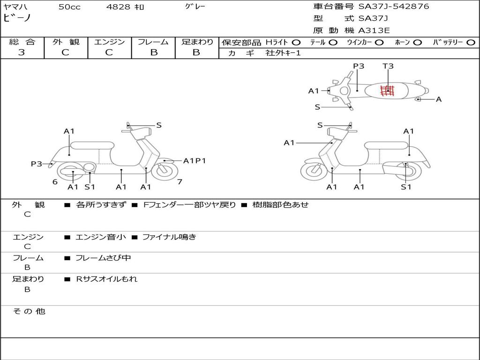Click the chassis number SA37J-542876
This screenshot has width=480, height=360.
(394, 7)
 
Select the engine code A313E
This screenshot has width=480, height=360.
(374, 31)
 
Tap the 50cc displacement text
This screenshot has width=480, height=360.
(68, 7)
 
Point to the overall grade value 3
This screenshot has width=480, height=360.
(22, 52)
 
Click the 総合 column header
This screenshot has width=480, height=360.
(22, 42)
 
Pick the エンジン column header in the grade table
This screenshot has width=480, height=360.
(110, 42)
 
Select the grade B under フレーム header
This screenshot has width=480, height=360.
(154, 52)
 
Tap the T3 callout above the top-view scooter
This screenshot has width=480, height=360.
(388, 66)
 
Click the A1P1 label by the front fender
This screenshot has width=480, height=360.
(195, 161)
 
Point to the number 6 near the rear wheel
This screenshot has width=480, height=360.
(55, 182)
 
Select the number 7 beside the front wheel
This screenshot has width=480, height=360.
(180, 181)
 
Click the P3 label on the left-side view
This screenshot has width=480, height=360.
(37, 164)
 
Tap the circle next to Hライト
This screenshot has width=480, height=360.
(296, 42)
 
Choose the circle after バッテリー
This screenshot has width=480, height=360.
(471, 42)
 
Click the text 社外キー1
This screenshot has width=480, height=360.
(283, 53)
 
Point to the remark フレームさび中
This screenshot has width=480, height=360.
(103, 258)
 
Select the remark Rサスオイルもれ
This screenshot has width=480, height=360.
(107, 279)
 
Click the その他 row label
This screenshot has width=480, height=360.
(29, 311)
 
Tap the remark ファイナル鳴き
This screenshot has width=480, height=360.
(169, 237)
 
